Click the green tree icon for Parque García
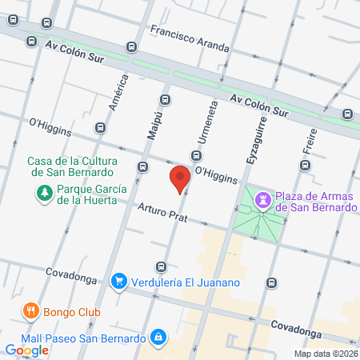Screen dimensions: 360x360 click(43, 193)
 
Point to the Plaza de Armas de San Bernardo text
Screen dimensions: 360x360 click(315, 202)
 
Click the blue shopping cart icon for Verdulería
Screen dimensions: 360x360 click(119, 280)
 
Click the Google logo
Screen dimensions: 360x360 click(26, 350)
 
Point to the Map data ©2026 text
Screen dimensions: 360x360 click(326, 353)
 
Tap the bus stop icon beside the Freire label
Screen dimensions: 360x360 click(304, 165)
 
